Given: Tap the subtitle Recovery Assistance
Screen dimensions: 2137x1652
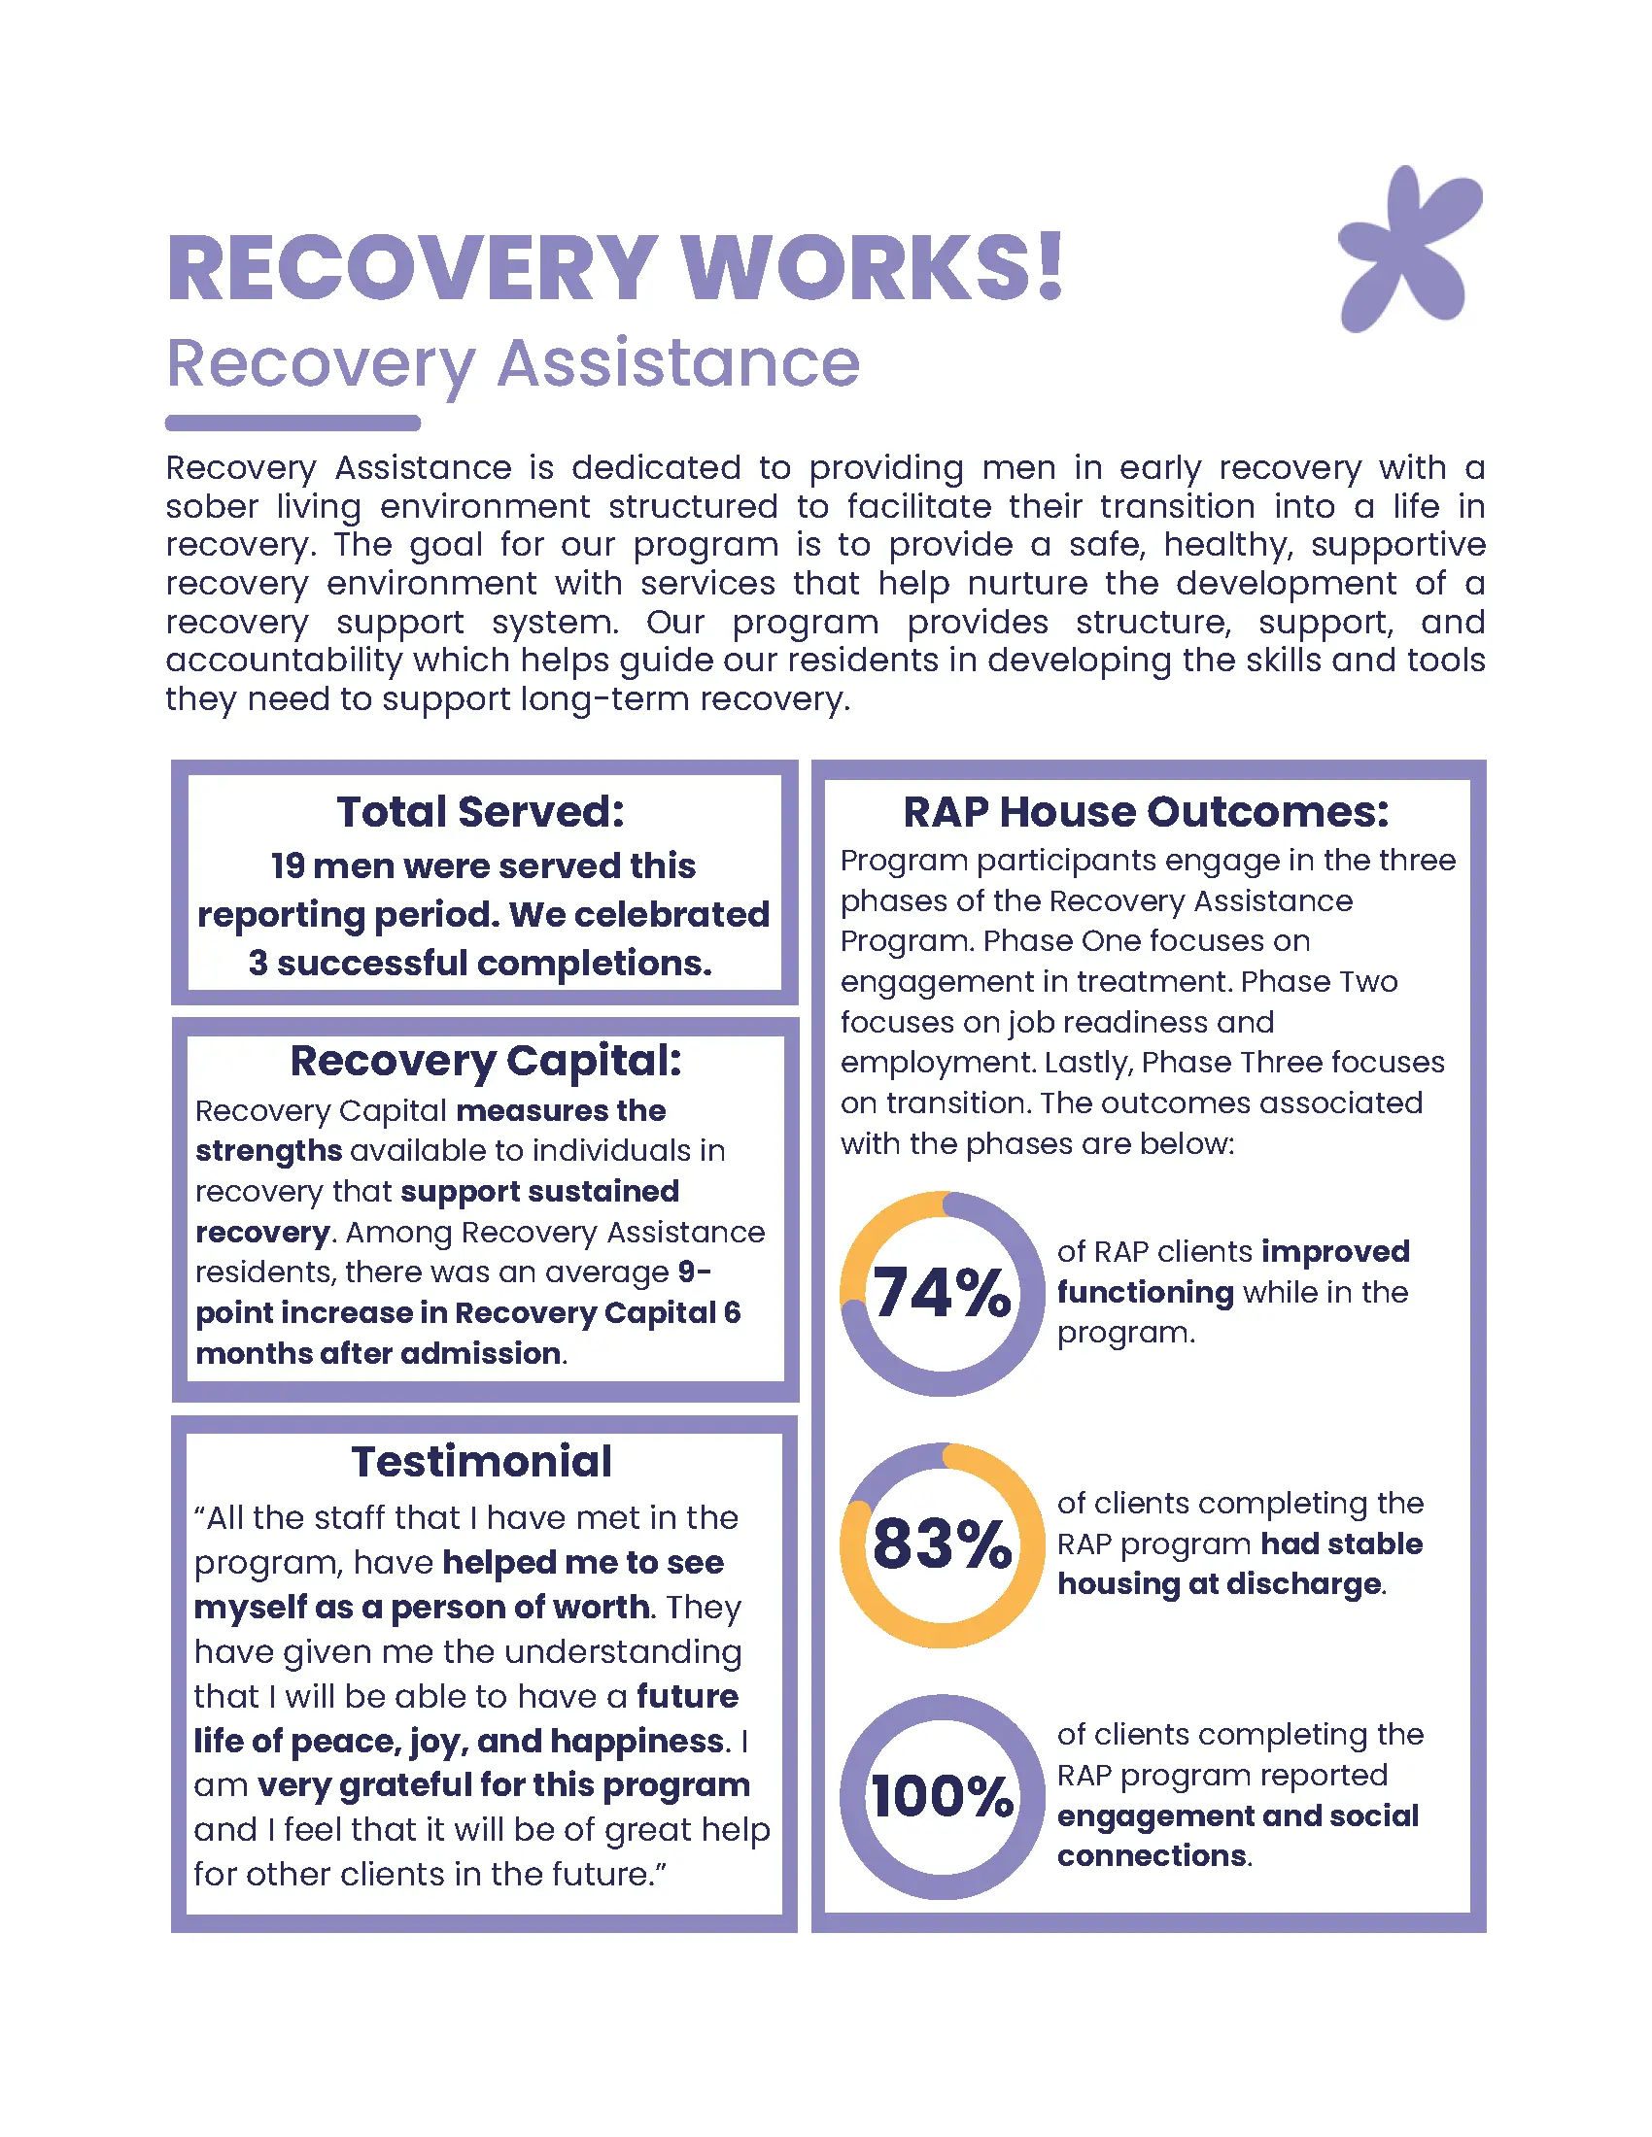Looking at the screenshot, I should point(513,363).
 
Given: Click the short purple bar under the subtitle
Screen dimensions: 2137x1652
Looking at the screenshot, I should point(293,423).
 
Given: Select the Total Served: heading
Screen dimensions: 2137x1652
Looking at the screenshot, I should point(480,811).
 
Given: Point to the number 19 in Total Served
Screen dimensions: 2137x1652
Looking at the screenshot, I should point(288,865).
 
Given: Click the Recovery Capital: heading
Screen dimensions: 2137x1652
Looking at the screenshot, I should point(486,1061).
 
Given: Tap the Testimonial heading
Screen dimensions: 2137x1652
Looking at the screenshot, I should point(481,1462).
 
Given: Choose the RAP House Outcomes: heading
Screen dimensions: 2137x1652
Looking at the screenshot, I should point(1145,812).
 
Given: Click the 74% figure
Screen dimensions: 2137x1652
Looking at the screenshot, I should point(942,1293).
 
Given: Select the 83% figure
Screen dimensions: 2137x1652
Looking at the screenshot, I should point(942,1544).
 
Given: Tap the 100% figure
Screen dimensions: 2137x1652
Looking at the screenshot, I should point(942,1796).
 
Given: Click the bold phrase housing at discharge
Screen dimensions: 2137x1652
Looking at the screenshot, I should point(1219,1584).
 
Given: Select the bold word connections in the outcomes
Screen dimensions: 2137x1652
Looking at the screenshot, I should point(1151,1855).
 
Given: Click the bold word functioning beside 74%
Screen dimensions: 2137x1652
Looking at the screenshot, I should point(1145,1293).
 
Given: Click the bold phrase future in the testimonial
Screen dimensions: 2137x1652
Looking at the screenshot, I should point(687,1696).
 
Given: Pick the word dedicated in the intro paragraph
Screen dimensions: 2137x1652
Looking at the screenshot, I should point(656,468).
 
